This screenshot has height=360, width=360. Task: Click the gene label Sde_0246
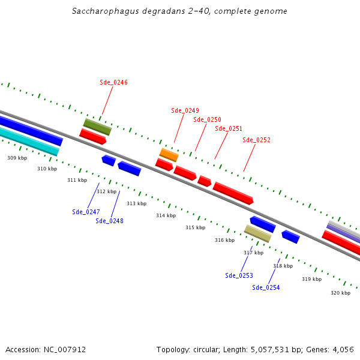point(113,82)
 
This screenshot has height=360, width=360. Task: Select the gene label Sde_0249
point(185,110)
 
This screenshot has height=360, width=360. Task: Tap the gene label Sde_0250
point(207,119)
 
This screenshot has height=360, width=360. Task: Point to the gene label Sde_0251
point(229,128)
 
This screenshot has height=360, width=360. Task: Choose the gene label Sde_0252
point(256,140)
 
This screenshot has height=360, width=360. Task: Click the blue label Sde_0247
point(86,212)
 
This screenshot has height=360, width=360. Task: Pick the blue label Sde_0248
point(109,221)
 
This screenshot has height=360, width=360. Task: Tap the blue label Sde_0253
point(239,275)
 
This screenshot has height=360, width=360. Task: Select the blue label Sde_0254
point(266,287)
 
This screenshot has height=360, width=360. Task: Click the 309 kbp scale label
point(17,158)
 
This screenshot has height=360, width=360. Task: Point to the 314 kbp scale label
point(166,215)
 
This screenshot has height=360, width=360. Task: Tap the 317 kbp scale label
point(253,253)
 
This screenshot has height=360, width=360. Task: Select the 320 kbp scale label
point(340,293)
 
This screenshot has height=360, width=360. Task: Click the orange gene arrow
point(169,155)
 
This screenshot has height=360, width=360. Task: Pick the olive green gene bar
point(97,127)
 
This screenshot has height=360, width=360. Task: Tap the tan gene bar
point(257,233)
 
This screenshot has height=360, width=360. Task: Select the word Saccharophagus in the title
point(100,11)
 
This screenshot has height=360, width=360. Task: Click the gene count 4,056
point(342,349)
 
